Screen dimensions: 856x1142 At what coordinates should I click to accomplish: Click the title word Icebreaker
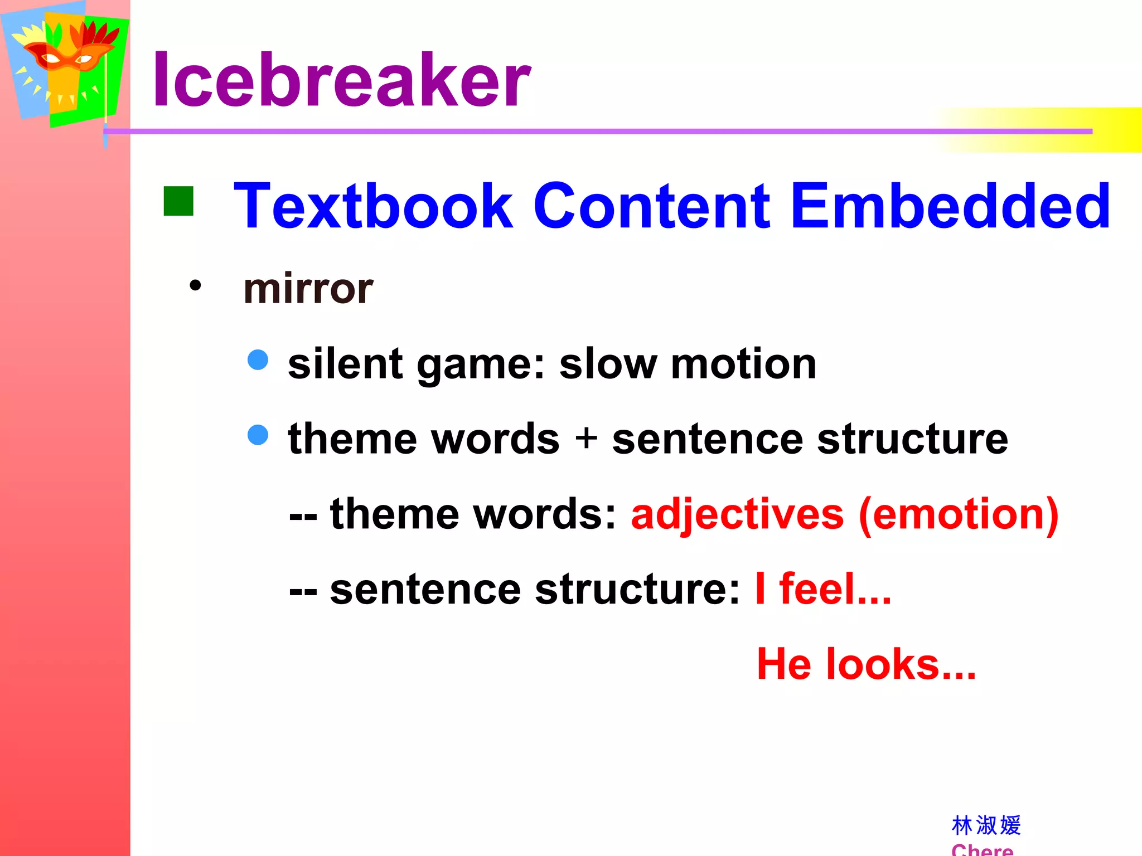341,79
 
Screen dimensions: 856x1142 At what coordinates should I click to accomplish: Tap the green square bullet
178,201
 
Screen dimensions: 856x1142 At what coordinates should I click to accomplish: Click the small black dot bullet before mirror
195,286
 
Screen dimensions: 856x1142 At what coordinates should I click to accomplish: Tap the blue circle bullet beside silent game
258,359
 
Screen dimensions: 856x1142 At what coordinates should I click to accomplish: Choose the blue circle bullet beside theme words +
258,435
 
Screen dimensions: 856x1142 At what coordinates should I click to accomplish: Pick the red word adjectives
737,514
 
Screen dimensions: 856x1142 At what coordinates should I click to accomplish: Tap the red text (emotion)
958,514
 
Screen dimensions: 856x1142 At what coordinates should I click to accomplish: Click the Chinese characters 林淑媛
986,825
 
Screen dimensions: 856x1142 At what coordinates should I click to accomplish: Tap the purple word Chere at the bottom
982,849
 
